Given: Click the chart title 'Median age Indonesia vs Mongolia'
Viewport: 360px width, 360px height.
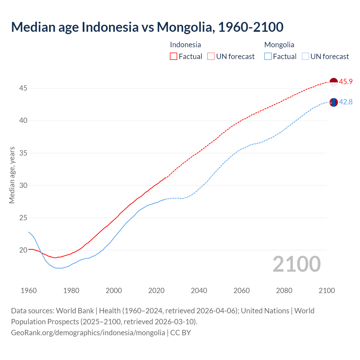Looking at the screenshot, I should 147,27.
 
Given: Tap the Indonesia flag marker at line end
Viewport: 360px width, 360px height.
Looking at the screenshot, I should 333,82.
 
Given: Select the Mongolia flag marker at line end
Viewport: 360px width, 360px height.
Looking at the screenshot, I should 333,102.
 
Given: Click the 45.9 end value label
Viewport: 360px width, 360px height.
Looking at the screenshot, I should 346,82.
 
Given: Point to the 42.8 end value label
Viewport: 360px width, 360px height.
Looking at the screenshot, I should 346,102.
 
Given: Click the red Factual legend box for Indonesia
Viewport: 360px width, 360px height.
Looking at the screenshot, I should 174,57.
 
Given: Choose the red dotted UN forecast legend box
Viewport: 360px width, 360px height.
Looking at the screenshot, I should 211,57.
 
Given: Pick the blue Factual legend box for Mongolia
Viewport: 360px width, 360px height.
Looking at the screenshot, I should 268,57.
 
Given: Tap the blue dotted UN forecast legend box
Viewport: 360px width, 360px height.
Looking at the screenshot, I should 305,57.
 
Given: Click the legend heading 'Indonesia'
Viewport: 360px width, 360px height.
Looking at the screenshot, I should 185,45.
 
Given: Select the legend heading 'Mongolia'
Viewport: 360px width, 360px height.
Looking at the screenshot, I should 279,45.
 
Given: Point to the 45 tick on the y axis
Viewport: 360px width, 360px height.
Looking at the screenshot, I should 23,88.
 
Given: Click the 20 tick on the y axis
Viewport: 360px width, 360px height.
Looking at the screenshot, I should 23,250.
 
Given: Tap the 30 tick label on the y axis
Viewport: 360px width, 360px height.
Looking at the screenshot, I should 23,185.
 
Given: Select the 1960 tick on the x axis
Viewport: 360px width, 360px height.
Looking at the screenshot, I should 29,291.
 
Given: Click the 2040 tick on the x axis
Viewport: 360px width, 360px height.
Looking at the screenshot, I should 199,291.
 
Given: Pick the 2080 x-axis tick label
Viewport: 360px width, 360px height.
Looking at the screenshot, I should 284,291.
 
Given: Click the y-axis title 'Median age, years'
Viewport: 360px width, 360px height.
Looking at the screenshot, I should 12,175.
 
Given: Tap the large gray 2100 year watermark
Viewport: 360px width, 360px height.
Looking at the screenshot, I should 297,264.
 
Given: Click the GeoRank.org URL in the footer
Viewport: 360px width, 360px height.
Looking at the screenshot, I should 88,333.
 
